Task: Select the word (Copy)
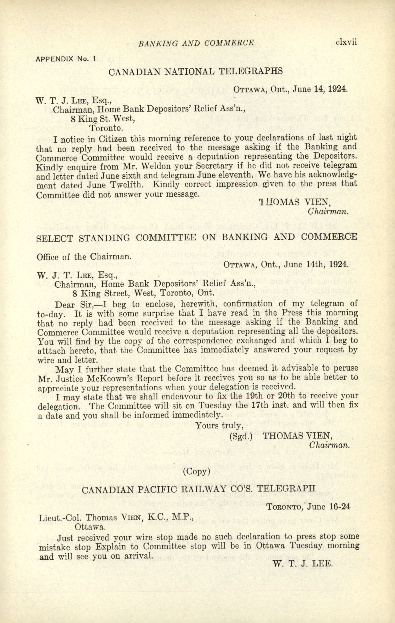click(196, 472)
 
